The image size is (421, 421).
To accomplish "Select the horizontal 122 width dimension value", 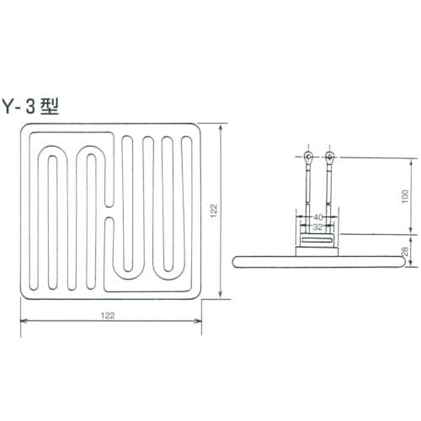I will (109, 315).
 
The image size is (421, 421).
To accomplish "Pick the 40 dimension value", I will (318, 217).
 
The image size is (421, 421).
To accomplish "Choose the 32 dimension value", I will (318, 227).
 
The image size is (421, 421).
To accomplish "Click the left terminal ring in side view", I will (309, 157).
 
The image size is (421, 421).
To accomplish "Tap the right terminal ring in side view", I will (329, 157).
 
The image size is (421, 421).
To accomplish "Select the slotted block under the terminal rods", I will (318, 245).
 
